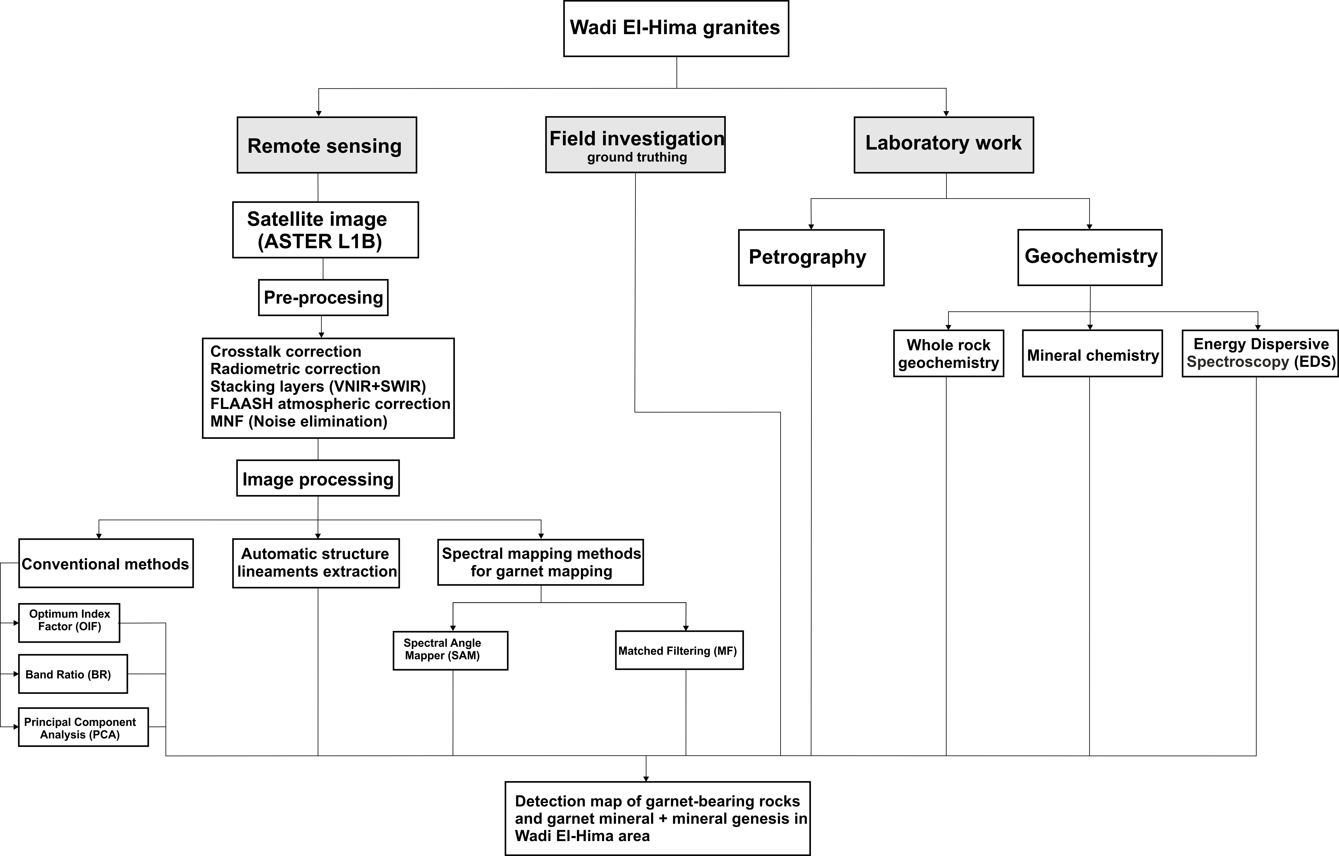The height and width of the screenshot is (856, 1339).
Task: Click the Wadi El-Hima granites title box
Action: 676,28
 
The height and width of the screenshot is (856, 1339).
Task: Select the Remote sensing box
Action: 327,145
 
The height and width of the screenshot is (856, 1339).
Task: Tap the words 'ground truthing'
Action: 637,157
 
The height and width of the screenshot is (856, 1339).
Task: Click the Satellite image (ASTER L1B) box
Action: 326,230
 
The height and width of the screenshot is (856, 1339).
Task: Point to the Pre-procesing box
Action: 323,298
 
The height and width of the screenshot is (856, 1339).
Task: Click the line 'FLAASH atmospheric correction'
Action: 330,404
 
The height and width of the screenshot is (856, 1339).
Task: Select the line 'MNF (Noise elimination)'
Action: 299,421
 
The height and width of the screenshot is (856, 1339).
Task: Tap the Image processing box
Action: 318,478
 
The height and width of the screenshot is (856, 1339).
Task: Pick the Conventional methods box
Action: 106,563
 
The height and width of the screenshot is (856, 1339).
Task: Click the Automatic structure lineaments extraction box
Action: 316,563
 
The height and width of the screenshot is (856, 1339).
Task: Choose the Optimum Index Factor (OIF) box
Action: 69,622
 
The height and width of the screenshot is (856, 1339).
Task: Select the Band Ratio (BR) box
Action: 73,674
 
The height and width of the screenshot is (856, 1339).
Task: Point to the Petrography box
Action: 811,257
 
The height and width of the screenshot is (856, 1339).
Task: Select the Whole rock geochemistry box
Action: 949,353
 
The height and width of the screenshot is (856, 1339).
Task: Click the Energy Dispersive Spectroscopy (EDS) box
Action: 1260,353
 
